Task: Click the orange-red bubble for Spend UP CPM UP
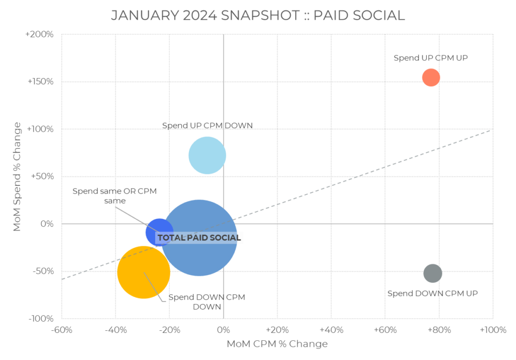coord(431,77)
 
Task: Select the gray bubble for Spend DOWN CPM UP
coord(432,273)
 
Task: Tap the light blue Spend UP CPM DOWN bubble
coord(207,155)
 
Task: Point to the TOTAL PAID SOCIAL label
coord(199,238)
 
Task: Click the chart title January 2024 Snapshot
coord(257,15)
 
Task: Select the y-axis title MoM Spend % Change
coord(17,176)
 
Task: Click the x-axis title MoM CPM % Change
coord(277,344)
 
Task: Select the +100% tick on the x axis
coord(492,330)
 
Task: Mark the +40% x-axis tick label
coord(331,330)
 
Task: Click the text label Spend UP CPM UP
coord(430,58)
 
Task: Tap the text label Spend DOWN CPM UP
coord(432,293)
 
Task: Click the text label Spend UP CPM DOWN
coord(207,126)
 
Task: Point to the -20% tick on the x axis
coord(169,330)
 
